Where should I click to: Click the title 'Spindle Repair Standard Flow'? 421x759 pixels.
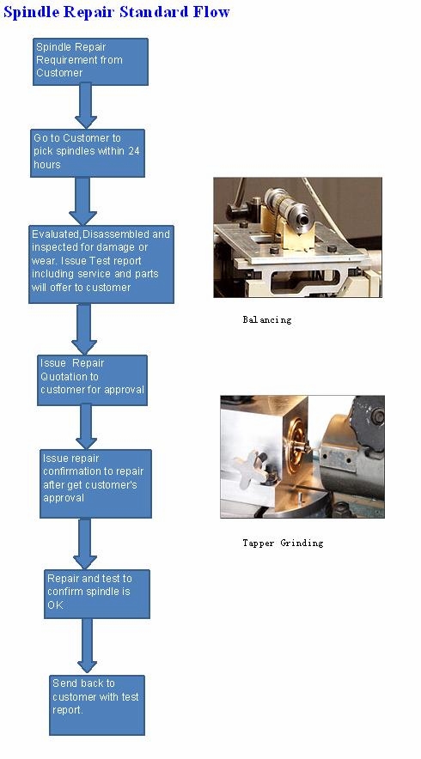[116, 12]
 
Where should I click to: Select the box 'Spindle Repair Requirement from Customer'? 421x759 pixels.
[90, 62]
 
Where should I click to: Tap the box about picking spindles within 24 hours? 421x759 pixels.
[87, 153]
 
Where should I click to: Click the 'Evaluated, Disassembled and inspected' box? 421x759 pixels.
[101, 264]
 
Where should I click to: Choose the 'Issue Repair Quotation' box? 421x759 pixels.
[92, 380]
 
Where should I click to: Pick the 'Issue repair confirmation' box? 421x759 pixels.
[95, 483]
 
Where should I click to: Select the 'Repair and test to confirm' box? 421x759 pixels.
[97, 594]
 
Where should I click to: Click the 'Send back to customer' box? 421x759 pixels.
[97, 705]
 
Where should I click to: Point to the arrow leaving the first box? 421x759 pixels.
[86, 106]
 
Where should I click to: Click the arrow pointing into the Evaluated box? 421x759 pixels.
[82, 201]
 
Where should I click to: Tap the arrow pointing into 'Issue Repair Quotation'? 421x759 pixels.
[84, 329]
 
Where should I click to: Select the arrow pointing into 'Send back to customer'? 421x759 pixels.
[87, 647]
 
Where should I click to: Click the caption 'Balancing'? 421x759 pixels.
[267, 319]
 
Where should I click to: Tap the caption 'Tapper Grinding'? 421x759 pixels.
[283, 543]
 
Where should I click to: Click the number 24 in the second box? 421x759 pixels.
[134, 151]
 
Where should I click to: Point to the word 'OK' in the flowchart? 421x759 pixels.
[55, 604]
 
